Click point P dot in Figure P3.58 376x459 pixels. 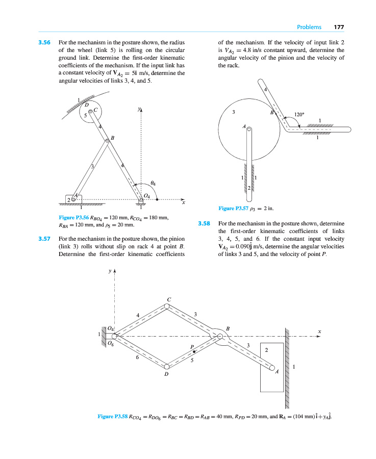pyautogui.click(x=193, y=351)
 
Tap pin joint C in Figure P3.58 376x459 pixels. pyautogui.click(x=167, y=307)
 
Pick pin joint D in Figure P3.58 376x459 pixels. pyautogui.click(x=167, y=366)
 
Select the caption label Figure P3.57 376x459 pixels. pyautogui.click(x=233, y=208)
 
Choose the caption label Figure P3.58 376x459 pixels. pyautogui.click(x=113, y=417)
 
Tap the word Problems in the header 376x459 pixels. pyautogui.click(x=309, y=27)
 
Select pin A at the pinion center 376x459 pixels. pyautogui.click(x=249, y=130)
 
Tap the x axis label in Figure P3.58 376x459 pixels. pyautogui.click(x=319, y=331)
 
